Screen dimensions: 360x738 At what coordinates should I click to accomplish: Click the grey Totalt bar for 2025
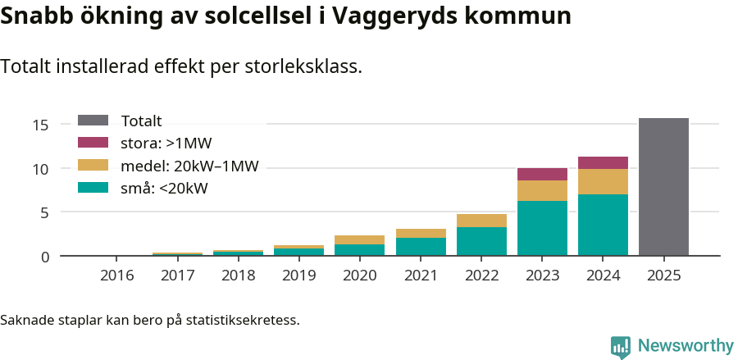(x=663, y=187)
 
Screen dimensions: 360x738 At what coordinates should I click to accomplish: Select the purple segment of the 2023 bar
(x=542, y=174)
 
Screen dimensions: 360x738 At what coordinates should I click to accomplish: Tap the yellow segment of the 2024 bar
(x=603, y=181)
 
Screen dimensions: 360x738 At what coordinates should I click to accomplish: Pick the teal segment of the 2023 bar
(x=542, y=229)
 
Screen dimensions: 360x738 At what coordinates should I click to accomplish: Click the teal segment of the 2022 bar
(x=481, y=242)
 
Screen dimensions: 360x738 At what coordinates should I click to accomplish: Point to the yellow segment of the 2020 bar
(x=359, y=239)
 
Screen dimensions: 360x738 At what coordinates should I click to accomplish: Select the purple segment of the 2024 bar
(x=603, y=162)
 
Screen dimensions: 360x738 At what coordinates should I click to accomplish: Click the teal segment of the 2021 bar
(x=420, y=247)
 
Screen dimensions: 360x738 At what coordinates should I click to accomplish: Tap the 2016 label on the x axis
(x=116, y=275)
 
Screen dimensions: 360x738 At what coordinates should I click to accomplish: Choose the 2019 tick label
(x=298, y=275)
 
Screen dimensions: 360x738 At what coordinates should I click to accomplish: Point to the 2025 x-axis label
(x=663, y=275)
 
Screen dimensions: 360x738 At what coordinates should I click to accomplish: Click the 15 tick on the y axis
(x=41, y=125)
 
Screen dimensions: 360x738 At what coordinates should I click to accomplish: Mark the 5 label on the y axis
(x=45, y=212)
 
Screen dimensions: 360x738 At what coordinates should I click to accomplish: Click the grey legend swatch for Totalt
(x=93, y=121)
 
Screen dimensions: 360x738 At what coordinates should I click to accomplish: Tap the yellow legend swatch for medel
(x=93, y=166)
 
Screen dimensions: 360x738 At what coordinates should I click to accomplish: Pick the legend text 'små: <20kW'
(x=164, y=188)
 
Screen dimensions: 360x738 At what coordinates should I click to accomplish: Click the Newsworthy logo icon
(x=621, y=346)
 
